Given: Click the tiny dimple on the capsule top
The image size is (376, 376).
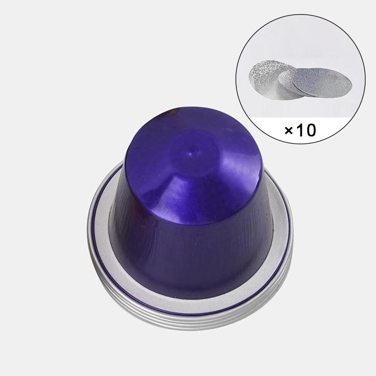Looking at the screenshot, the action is (191, 154).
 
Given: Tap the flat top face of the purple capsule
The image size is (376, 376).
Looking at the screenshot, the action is (193, 165).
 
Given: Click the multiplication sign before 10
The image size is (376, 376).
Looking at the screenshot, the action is (289, 130).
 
